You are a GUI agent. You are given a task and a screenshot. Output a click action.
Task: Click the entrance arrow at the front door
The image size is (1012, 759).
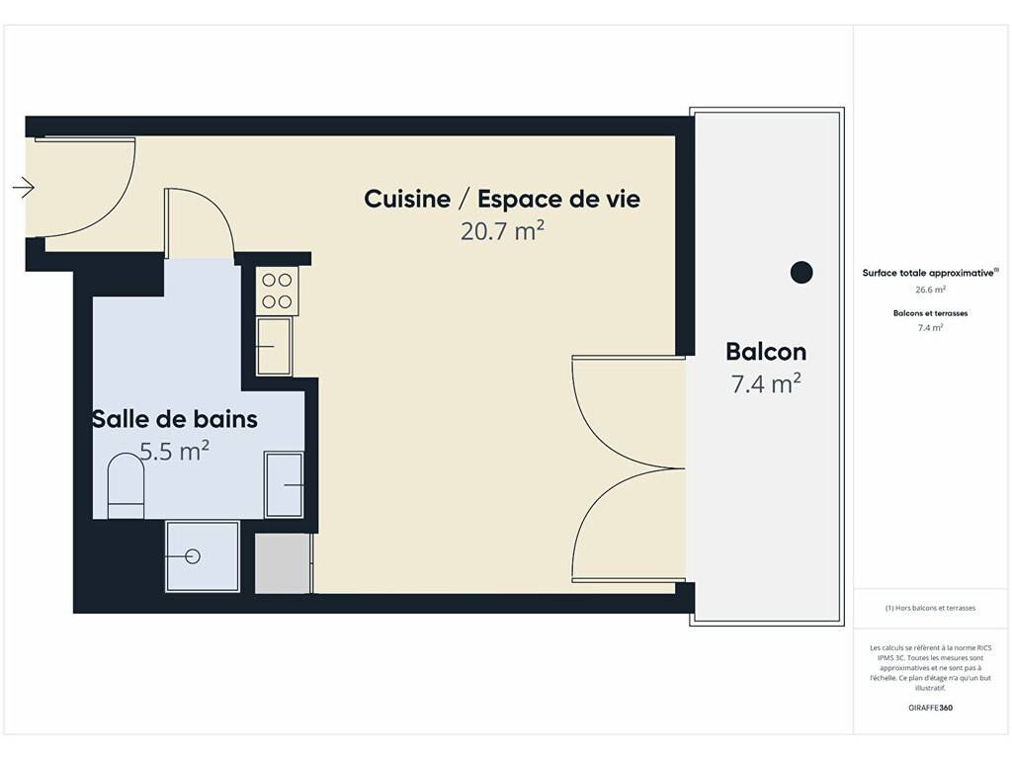tap(24, 188)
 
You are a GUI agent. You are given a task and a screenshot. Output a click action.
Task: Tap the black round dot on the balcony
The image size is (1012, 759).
tap(801, 273)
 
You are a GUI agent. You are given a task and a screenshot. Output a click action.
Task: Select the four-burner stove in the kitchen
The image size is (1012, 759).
tap(278, 291)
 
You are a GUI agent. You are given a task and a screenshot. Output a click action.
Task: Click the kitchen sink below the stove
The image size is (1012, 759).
tap(275, 346)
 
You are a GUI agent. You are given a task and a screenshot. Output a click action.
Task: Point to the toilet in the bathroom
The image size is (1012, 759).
tap(126, 486)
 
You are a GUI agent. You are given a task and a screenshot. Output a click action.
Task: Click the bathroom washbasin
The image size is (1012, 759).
tap(284, 484)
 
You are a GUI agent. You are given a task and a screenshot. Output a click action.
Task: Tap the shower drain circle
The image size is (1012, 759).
tap(193, 556)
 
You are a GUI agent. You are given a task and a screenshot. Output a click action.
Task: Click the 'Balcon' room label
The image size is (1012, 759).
tap(766, 352)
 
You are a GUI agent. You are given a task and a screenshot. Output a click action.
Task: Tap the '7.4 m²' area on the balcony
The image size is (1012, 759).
tap(766, 384)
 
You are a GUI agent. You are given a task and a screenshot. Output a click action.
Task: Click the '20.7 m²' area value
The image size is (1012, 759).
tap(502, 231)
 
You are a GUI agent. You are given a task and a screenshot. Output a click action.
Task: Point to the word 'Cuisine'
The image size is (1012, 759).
tap(407, 199)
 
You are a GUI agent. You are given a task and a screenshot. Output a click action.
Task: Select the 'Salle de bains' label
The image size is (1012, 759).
tap(175, 419)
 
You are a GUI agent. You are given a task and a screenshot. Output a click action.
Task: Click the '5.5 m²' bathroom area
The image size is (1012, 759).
tap(174, 451)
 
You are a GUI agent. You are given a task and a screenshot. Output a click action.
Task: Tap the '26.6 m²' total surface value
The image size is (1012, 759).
tap(931, 290)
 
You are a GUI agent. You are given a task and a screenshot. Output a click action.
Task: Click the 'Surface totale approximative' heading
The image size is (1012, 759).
tap(930, 273)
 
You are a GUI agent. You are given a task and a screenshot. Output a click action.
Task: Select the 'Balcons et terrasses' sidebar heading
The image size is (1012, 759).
tap(931, 313)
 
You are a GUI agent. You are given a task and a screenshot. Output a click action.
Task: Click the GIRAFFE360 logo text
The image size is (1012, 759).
tap(931, 708)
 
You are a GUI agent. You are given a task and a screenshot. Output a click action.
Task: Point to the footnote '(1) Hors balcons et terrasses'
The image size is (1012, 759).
tap(931, 608)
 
